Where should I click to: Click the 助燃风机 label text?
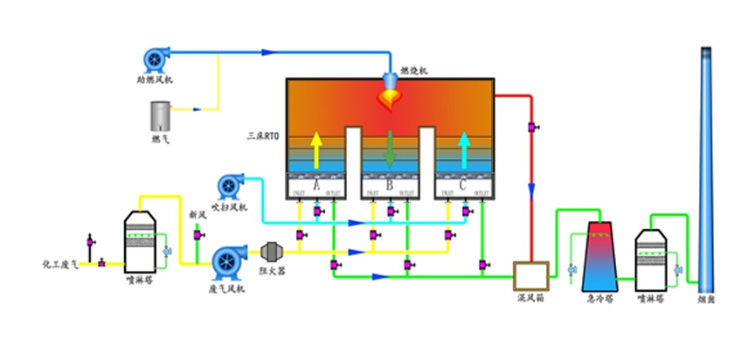coord(155,80)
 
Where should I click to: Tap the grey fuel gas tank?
coord(160,114)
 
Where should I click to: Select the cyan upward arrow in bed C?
coord(465,149)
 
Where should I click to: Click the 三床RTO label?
coord(263,136)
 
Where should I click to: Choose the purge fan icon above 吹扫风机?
coord(229,185)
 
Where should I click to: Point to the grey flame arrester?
coord(272,252)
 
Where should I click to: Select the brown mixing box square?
coord(530,276)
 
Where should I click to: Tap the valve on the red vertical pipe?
coord(531,129)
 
